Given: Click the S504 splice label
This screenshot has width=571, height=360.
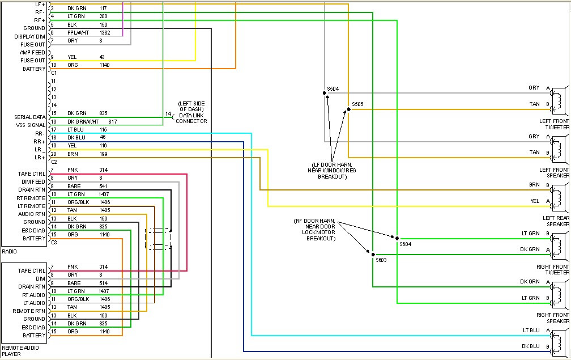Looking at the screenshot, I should click(x=333, y=88).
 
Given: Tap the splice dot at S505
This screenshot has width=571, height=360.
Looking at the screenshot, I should click(x=348, y=109).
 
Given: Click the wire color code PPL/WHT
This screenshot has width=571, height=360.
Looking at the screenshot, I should click(x=77, y=33).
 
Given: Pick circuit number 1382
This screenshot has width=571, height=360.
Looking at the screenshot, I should click(x=105, y=33).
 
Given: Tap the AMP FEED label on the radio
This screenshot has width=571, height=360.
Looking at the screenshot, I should click(x=32, y=52).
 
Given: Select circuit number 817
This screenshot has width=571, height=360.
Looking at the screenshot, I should click(x=112, y=121).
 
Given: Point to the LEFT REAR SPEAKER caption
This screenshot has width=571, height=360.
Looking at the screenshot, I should click(x=555, y=221).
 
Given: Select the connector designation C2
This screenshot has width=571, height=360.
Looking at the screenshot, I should click(x=54, y=162).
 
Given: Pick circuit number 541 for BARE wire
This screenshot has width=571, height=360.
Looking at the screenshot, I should click(x=104, y=186).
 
